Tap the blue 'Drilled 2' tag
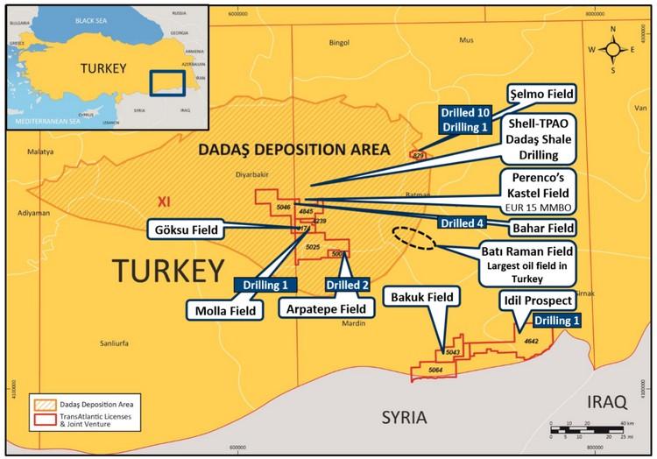[x=347, y=285]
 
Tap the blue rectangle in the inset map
[x=166, y=82]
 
